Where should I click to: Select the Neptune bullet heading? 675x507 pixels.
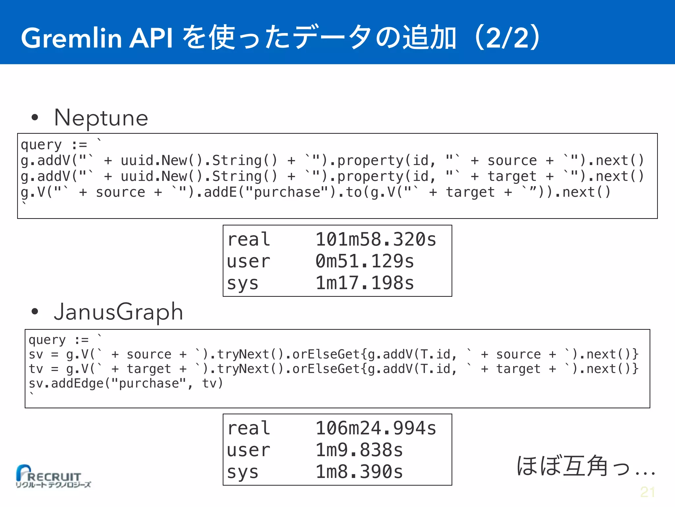(101, 118)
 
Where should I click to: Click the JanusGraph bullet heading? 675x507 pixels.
(118, 312)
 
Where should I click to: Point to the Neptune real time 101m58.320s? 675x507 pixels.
(376, 239)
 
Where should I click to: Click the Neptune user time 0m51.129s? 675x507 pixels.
(365, 261)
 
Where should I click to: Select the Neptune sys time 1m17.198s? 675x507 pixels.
(365, 283)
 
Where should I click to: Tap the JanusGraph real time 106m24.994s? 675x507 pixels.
(376, 428)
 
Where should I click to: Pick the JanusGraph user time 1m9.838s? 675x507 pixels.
(359, 450)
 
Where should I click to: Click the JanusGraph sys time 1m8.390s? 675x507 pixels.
(359, 472)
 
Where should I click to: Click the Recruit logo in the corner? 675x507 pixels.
(53, 476)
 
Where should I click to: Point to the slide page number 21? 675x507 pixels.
(647, 492)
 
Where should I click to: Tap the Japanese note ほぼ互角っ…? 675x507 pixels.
(585, 466)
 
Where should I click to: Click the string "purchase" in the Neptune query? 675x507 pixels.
(287, 192)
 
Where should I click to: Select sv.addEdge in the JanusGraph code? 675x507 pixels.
(66, 383)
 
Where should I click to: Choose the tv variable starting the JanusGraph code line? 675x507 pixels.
(36, 369)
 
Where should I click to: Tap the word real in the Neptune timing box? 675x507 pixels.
(249, 239)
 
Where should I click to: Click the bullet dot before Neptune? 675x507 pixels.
(35, 118)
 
